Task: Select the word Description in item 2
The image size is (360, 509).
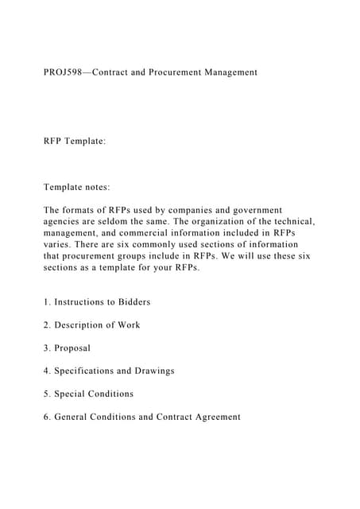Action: click(82, 325)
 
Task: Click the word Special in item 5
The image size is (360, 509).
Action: click(72, 394)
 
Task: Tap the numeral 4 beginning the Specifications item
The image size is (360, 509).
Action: click(46, 371)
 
